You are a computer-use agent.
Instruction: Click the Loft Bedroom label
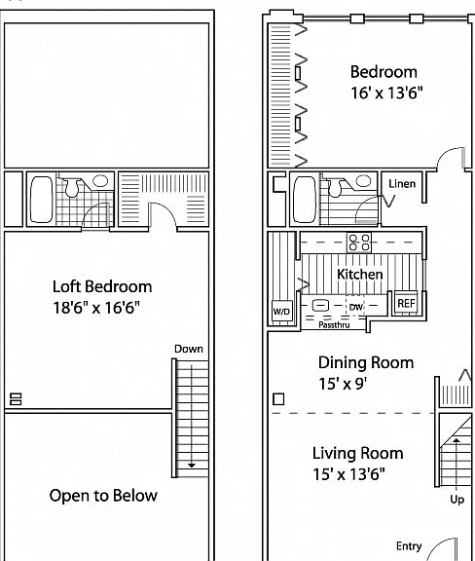pos(102,286)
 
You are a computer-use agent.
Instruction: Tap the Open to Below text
pos(103,496)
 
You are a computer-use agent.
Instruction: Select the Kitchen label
pos(360,275)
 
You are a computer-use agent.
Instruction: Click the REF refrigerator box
pos(406,304)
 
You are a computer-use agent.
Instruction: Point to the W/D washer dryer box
pos(282,311)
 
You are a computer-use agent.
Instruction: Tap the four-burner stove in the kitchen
pos(359,243)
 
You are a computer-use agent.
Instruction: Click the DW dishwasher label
pos(356,307)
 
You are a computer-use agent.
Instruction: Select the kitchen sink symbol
pos(320,305)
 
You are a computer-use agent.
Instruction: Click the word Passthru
pos(334,325)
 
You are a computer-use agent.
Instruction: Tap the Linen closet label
pos(402,184)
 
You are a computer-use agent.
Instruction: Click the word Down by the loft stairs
pos(189,349)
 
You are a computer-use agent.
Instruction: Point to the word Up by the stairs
pos(457,500)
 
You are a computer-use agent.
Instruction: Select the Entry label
pos(409,546)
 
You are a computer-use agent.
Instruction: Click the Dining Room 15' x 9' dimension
pos(343,384)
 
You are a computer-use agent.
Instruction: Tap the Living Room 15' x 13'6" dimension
pos(349,474)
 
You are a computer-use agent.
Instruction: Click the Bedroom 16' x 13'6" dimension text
pos(386,93)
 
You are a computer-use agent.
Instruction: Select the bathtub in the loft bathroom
pos(42,200)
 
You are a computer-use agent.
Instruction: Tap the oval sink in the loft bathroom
pos(100,181)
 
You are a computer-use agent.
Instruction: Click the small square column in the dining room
pos(278,399)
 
